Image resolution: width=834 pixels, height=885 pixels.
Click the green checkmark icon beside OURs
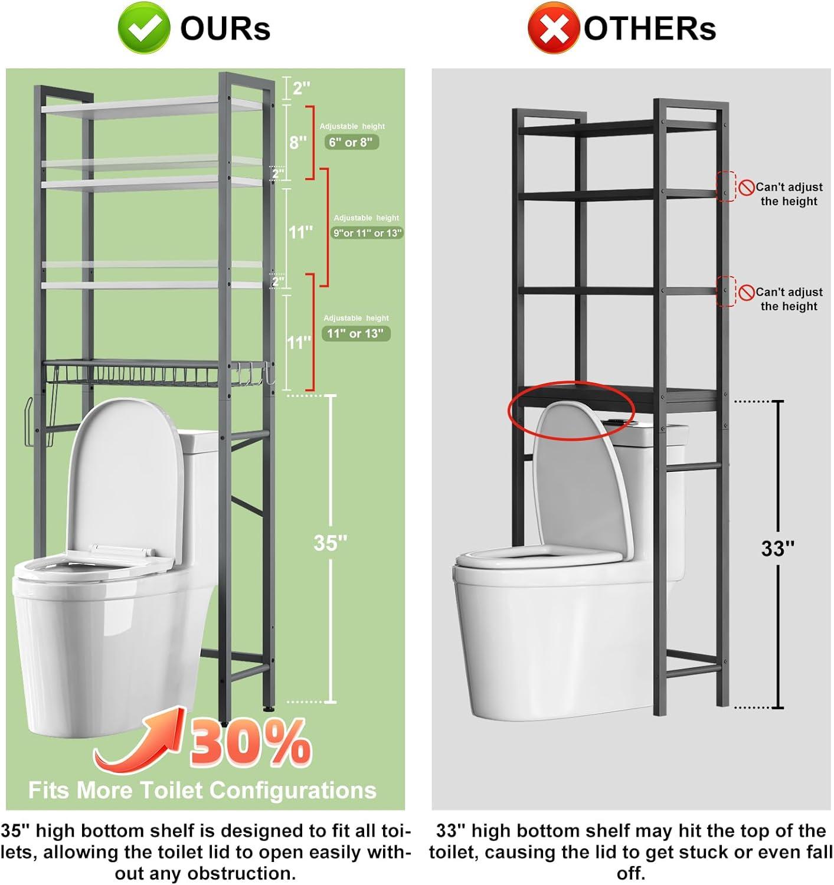[143, 28]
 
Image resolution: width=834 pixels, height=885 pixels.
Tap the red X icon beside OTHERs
[552, 28]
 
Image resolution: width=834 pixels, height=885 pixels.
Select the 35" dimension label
[331, 543]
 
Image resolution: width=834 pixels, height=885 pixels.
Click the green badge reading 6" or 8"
[351, 142]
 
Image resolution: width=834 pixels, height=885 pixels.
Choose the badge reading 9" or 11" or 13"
[367, 233]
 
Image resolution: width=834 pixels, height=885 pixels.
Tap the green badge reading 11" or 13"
[355, 333]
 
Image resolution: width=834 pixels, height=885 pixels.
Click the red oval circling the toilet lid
[571, 409]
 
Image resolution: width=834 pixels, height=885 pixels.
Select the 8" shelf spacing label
[297, 142]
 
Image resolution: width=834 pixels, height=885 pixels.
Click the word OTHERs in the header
[650, 28]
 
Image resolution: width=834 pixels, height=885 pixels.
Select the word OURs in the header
[225, 28]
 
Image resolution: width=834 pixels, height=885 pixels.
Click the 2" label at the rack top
[301, 88]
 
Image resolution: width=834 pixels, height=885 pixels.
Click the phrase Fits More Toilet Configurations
[202, 789]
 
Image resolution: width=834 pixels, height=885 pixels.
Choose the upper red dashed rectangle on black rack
[726, 186]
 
